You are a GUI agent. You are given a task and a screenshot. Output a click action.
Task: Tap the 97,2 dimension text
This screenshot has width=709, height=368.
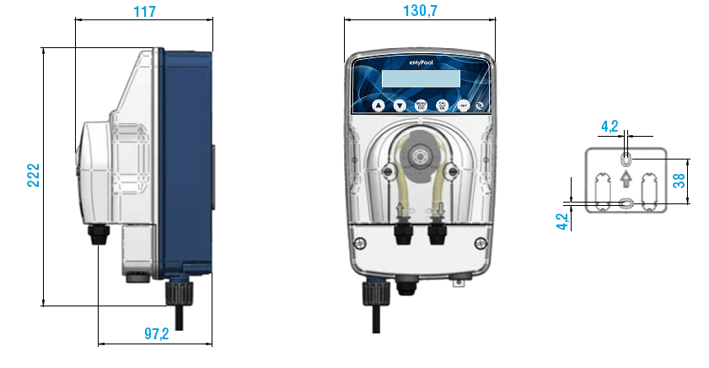[x=156, y=334]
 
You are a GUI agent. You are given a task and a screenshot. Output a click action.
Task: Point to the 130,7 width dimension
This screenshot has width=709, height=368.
[x=418, y=11]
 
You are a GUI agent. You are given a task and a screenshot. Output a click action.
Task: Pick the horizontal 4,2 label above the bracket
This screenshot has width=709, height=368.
[x=610, y=127]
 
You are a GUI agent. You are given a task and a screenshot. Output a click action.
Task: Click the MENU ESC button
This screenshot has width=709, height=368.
[x=420, y=106]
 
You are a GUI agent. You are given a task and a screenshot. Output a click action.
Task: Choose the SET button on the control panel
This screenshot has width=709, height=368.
[x=463, y=106]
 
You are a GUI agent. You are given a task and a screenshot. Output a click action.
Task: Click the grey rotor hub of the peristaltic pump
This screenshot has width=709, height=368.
[x=419, y=156]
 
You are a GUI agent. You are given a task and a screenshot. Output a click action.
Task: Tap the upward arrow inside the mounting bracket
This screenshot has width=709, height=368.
[x=625, y=178]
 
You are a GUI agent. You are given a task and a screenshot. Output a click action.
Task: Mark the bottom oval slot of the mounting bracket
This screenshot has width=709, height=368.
[x=625, y=202]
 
